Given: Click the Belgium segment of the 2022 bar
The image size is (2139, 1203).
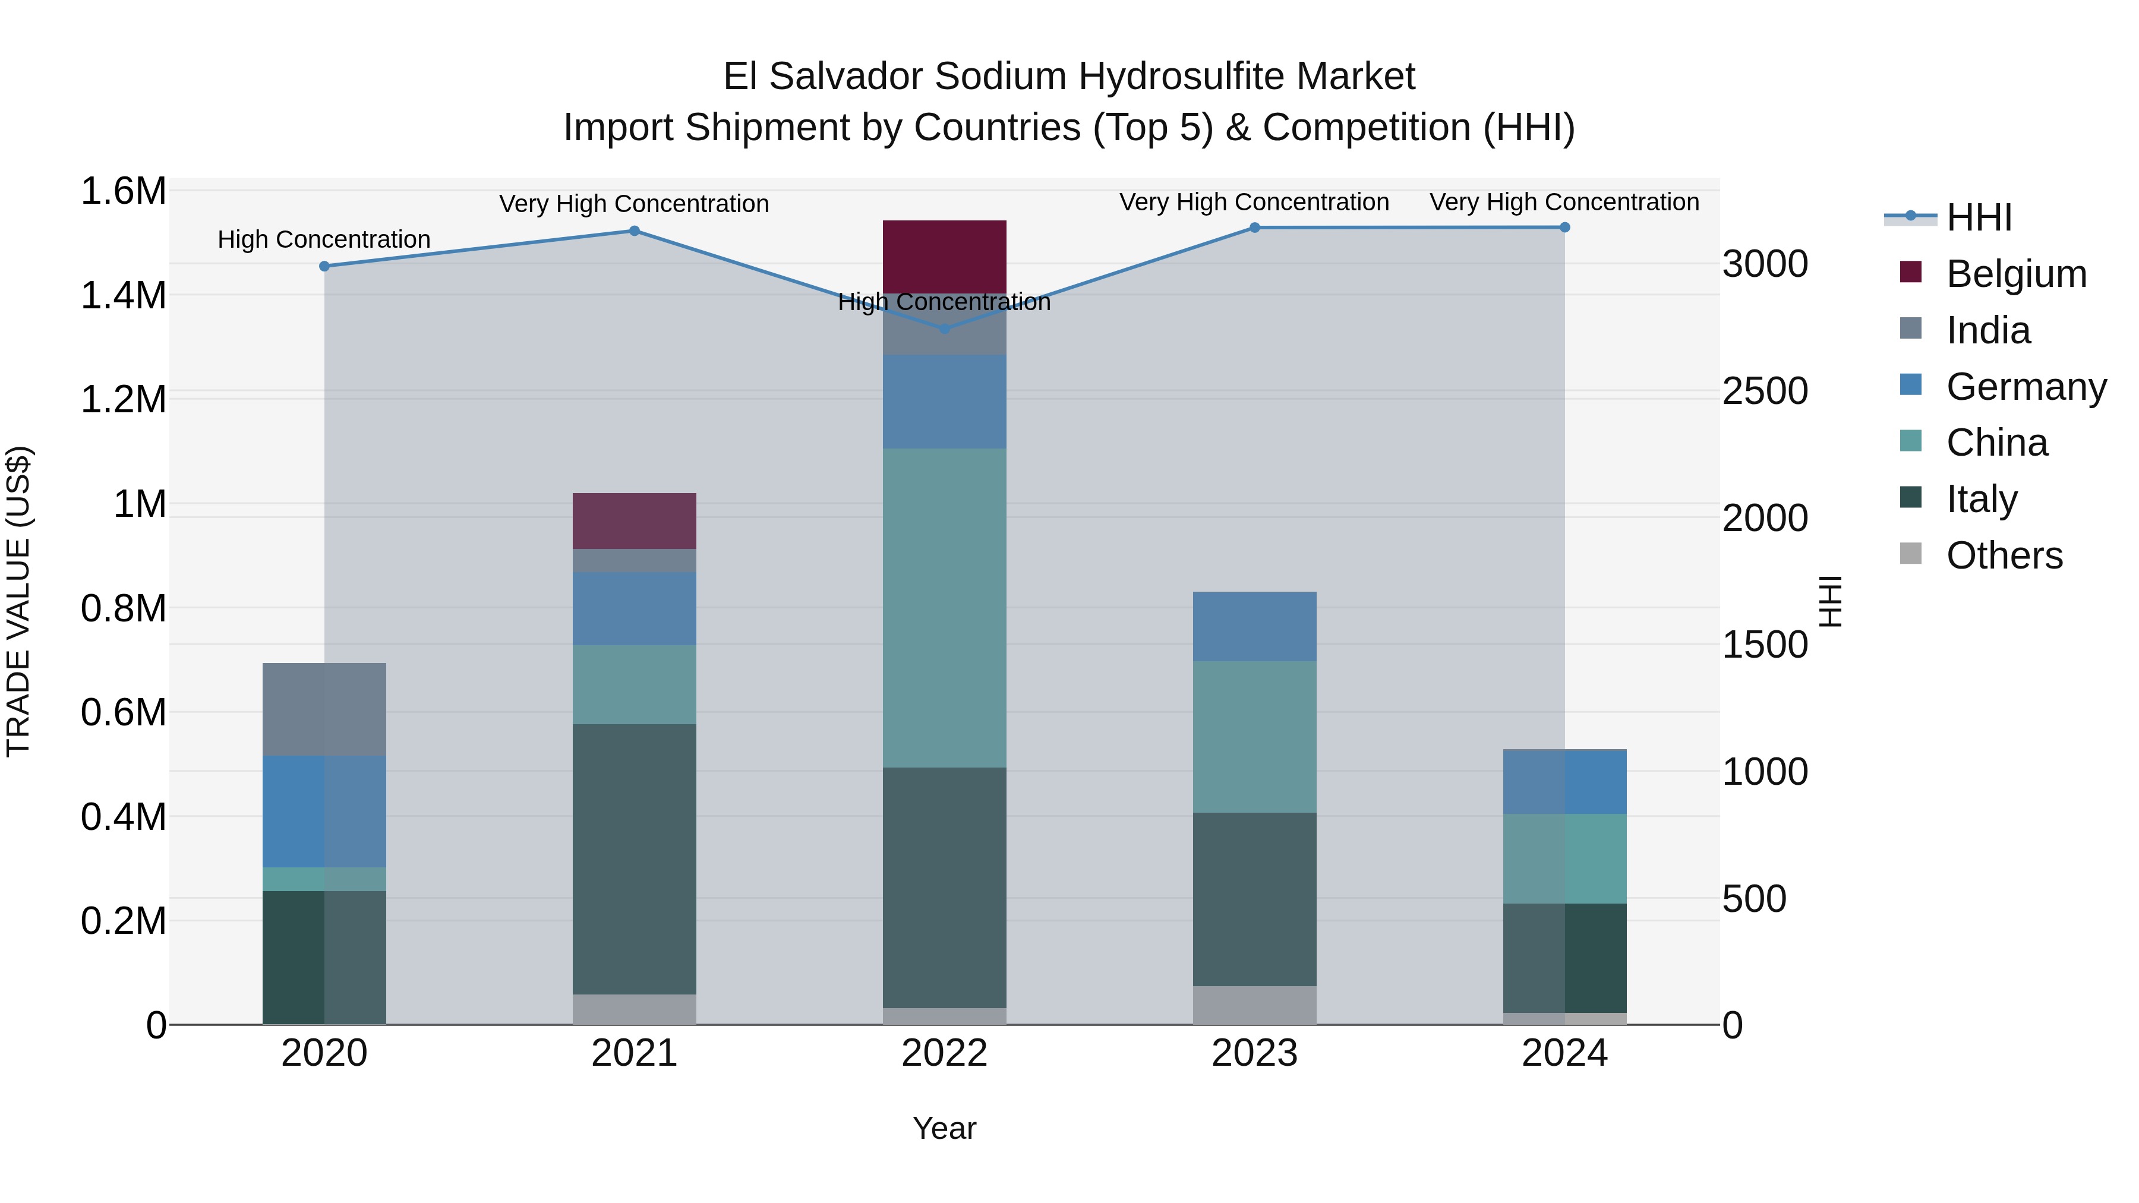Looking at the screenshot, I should (944, 255).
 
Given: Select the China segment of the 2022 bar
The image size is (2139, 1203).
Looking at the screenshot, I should (944, 608).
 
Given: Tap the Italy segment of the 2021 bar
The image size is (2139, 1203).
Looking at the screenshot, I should (635, 858).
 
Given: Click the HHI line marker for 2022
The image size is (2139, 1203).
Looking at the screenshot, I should (944, 329).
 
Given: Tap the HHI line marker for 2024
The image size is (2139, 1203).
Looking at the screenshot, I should (1564, 228).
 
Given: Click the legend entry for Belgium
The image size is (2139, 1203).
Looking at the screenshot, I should (2015, 274).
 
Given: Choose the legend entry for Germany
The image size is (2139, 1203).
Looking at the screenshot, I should (2026, 387).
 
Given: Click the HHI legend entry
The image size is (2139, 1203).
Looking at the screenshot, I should (1979, 217).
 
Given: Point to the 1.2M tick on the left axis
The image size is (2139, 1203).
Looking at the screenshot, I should (123, 399).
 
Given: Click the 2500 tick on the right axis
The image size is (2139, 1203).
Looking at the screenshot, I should (1765, 391).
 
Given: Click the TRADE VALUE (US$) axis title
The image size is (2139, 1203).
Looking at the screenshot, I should (19, 601).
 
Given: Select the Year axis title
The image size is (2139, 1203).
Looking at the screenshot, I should (944, 1128).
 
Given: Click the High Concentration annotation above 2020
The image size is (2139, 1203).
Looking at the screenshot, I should (324, 239).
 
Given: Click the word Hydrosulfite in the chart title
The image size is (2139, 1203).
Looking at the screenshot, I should (1182, 77).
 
